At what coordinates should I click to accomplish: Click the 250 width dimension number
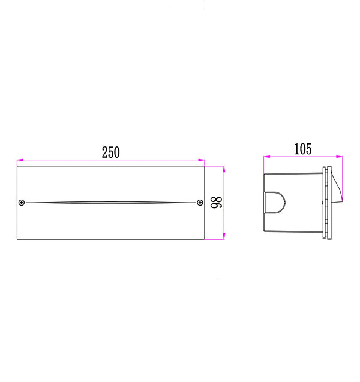coord(110,152)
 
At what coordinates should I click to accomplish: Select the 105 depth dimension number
coord(302,149)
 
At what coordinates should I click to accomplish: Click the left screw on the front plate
coord(22,203)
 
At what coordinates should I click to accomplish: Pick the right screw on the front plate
coord(199,203)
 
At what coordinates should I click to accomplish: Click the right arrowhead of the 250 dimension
coord(202,160)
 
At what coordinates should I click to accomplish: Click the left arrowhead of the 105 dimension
coord(267,157)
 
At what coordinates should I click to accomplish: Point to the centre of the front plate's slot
coord(111,202)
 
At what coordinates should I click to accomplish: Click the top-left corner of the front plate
coord(17,166)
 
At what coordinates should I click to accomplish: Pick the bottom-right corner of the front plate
coord(205,239)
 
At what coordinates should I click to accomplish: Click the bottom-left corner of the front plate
coord(17,239)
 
